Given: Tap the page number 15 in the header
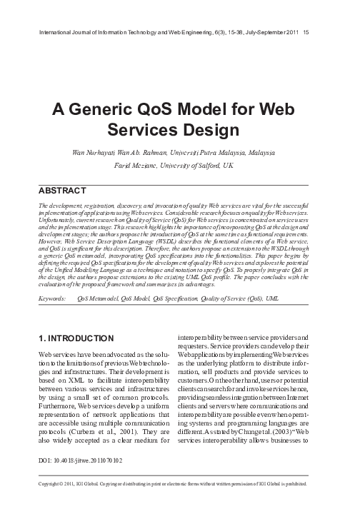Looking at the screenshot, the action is click(x=306, y=33).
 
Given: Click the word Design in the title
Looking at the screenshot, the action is click(x=206, y=131).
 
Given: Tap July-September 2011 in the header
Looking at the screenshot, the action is click(x=263, y=33).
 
